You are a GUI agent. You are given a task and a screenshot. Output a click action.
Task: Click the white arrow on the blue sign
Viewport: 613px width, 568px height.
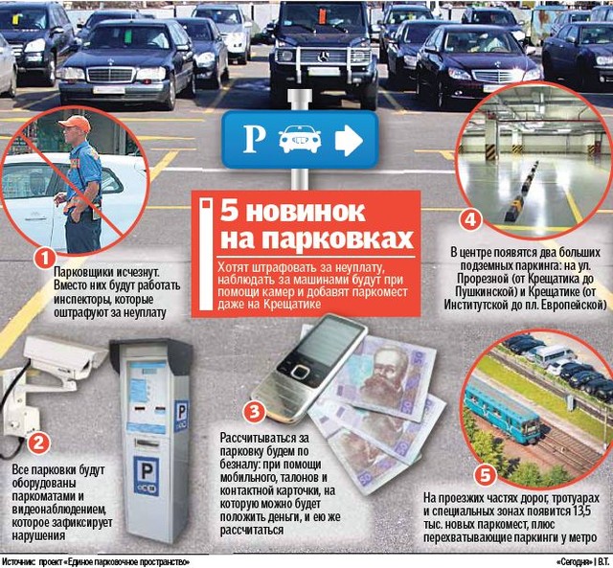click(349, 140)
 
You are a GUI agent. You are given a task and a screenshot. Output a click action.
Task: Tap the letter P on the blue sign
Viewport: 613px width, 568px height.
click(254, 139)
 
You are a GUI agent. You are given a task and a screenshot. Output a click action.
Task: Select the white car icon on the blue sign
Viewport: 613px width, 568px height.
click(300, 139)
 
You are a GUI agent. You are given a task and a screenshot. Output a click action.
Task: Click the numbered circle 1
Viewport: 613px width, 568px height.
click(45, 259)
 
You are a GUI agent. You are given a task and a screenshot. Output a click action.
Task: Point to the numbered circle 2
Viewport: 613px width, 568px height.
click(38, 443)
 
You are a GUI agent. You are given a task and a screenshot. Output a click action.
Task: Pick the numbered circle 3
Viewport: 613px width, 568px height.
click(255, 412)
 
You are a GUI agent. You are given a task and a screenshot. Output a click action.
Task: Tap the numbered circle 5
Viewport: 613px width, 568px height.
click(486, 476)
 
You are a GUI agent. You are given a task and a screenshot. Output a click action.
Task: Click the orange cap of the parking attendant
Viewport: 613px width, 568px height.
click(76, 124)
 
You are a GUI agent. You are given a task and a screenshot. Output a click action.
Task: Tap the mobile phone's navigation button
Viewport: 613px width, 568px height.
click(300, 372)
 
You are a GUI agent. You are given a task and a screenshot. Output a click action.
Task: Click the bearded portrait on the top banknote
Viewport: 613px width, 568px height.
click(385, 375)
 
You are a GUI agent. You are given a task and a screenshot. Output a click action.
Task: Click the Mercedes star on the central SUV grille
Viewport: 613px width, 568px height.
click(324, 57)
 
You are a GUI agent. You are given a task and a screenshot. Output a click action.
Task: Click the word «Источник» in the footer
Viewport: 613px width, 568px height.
click(18, 562)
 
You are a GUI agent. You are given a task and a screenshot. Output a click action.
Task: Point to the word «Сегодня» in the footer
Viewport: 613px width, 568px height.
click(574, 562)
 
